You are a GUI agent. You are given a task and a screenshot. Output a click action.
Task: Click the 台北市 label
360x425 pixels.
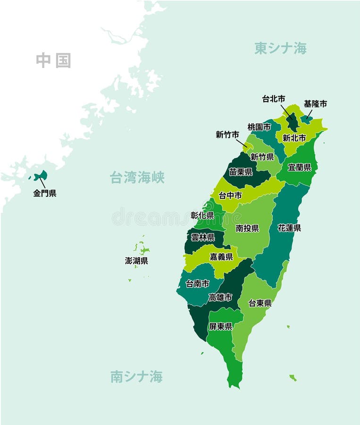[x=274, y=99]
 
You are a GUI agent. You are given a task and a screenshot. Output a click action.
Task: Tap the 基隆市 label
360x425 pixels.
[x=315, y=104]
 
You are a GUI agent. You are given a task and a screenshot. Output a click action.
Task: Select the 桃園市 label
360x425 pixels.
[x=259, y=127]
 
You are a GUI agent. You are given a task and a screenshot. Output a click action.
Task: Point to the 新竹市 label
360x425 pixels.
[x=227, y=135]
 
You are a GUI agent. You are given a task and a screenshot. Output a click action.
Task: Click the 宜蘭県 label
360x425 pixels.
[x=300, y=167]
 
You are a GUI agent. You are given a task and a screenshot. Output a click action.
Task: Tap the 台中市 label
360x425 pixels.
[x=230, y=195]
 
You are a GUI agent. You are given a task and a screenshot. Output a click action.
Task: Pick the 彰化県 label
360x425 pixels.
[x=202, y=215]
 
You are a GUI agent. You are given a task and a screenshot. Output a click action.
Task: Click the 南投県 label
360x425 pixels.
[x=247, y=229]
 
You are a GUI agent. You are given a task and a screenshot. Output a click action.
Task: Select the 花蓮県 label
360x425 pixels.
[x=289, y=228]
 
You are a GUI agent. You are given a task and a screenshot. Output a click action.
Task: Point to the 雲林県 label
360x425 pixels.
[x=203, y=237]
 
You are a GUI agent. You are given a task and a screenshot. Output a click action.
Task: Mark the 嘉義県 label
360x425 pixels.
[x=221, y=257]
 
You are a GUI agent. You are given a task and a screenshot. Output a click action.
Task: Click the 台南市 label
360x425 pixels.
[x=197, y=284]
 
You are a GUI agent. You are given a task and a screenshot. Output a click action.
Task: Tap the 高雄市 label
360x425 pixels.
[x=220, y=297]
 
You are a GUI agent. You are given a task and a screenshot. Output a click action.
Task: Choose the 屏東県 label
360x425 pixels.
[x=220, y=326]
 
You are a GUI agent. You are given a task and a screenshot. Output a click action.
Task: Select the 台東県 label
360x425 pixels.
[x=260, y=303]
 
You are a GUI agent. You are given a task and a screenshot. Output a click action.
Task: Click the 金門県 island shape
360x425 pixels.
[x=41, y=176]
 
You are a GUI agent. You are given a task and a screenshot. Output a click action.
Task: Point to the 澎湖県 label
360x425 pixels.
[x=136, y=261]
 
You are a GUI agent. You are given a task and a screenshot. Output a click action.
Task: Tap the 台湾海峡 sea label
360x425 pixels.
[x=137, y=178]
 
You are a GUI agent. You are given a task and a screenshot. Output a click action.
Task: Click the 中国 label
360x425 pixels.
[x=53, y=60]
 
